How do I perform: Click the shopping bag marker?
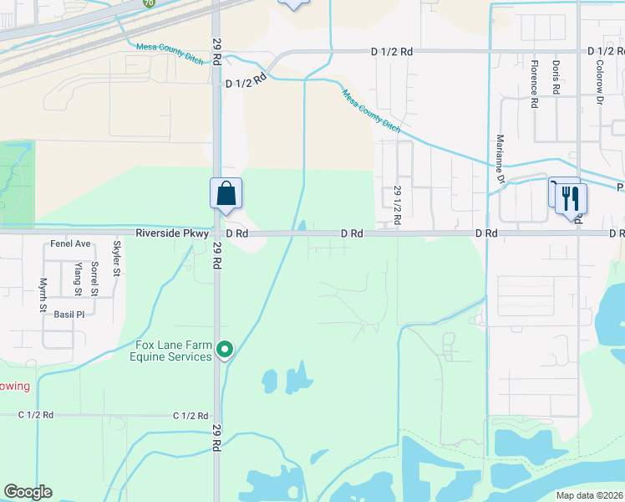tap(226, 194)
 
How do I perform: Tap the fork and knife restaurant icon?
tap(571, 199)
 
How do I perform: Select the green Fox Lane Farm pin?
tap(224, 350)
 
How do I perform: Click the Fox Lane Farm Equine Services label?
tap(170, 351)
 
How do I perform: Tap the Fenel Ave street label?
tap(70, 243)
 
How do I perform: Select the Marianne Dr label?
tap(501, 158)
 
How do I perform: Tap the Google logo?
tap(28, 492)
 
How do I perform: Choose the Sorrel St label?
tap(95, 279)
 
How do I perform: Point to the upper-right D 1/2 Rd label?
tap(392, 51)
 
